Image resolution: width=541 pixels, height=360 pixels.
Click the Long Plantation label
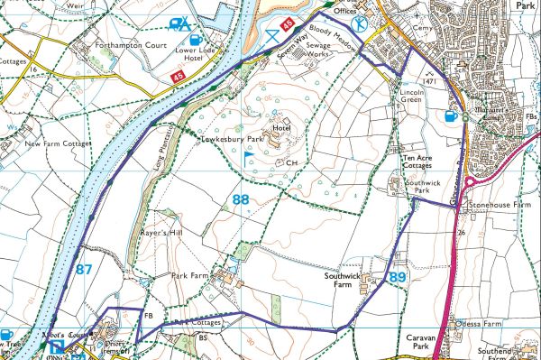click(x=154, y=150)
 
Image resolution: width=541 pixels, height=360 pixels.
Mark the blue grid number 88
click(x=240, y=199)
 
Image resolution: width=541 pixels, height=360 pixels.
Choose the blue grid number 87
click(x=85, y=269)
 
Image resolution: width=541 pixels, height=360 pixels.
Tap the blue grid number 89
click(x=398, y=279)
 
